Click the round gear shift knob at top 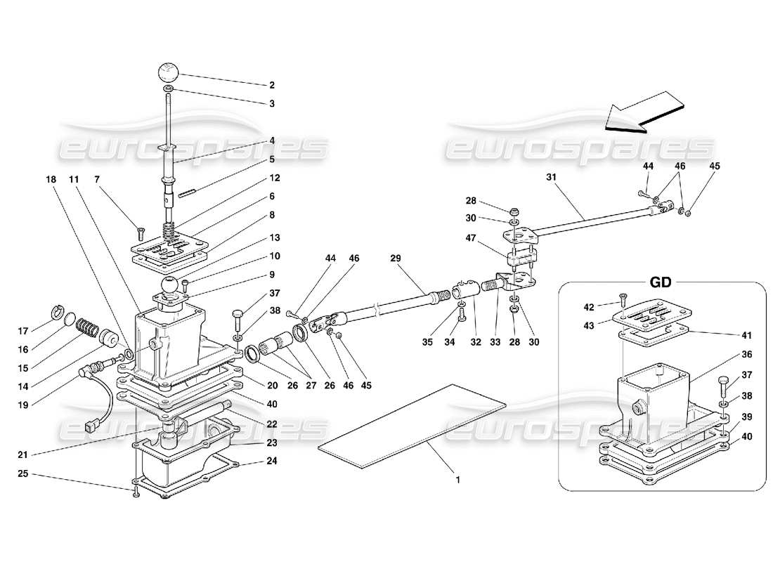(169, 72)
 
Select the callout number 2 (271, 86)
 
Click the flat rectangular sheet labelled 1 (411, 425)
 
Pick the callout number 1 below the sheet (458, 481)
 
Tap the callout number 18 (51, 180)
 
